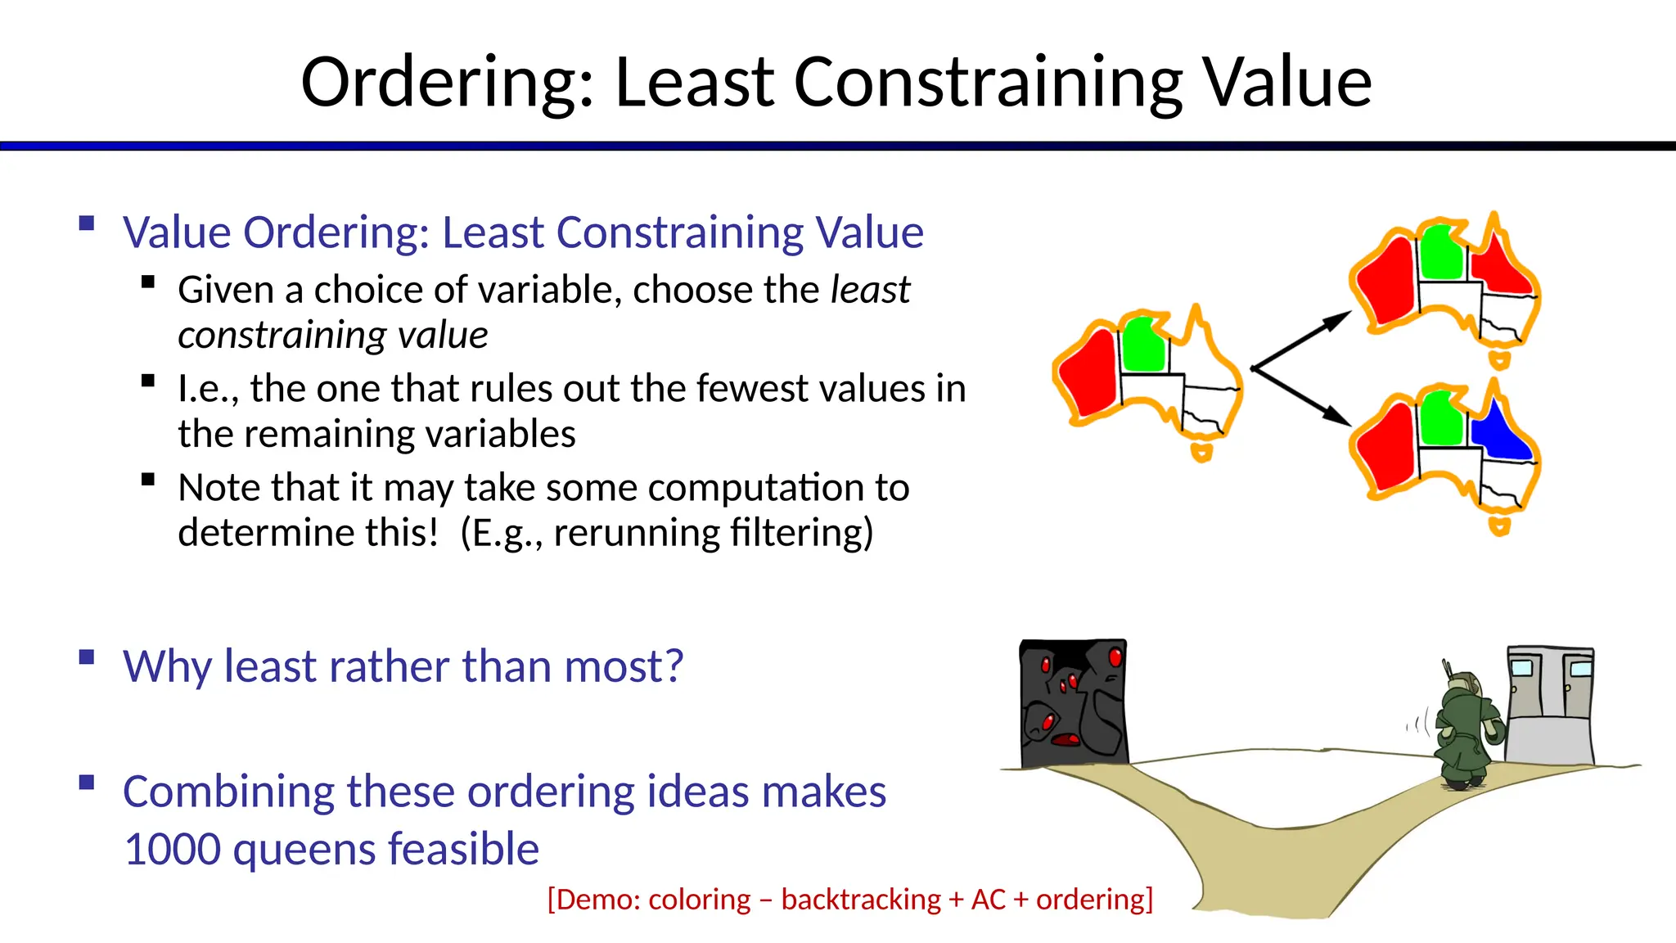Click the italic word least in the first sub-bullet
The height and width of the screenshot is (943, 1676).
tap(869, 290)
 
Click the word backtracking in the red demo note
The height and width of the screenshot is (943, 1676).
tap(861, 900)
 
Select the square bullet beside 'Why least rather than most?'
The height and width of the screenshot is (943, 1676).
tap(87, 657)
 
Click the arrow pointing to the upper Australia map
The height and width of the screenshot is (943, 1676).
tap(1301, 340)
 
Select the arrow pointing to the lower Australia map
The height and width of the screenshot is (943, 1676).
tap(1301, 396)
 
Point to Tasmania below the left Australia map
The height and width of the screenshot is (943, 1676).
tap(1201, 452)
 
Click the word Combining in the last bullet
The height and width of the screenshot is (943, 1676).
tap(226, 792)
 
